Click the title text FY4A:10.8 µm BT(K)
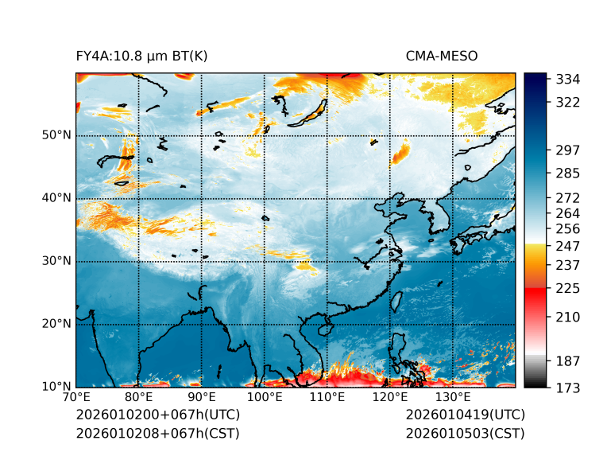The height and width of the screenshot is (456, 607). pos(141,56)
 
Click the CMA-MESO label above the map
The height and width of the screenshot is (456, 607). pos(442,56)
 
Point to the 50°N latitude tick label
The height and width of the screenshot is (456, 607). pos(56,135)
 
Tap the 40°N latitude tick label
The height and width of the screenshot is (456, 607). pos(56,198)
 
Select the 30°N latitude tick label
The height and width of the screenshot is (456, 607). pos(56,261)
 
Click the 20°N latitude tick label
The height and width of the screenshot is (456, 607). pos(56,324)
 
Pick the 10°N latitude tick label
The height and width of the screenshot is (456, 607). pos(56,387)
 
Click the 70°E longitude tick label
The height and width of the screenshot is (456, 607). pos(76,397)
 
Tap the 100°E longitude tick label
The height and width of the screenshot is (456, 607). pos(265,397)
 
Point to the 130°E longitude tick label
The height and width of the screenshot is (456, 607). pos(453,397)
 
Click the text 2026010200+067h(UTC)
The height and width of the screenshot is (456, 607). pos(157,415)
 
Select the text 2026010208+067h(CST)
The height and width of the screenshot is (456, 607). pos(157,433)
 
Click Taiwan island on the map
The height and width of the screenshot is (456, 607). pos(396,301)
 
